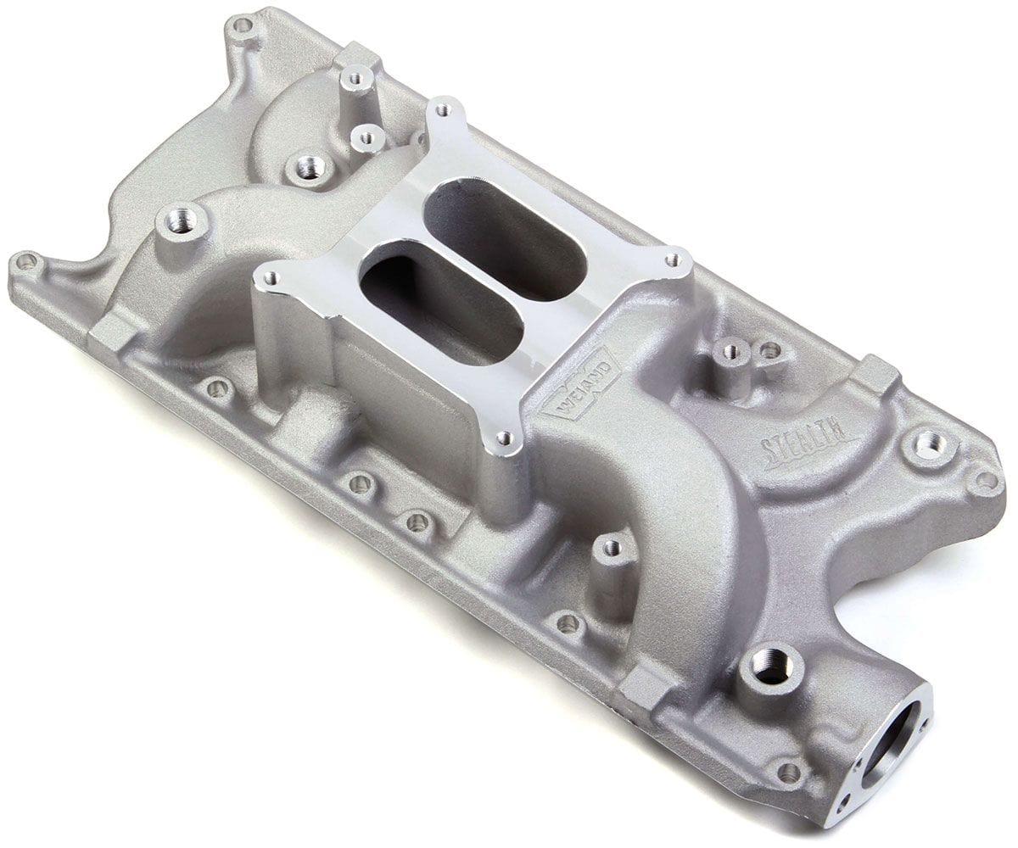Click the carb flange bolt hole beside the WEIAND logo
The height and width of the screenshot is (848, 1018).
(x=504, y=438)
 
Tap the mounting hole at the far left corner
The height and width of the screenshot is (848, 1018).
(x=25, y=262)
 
